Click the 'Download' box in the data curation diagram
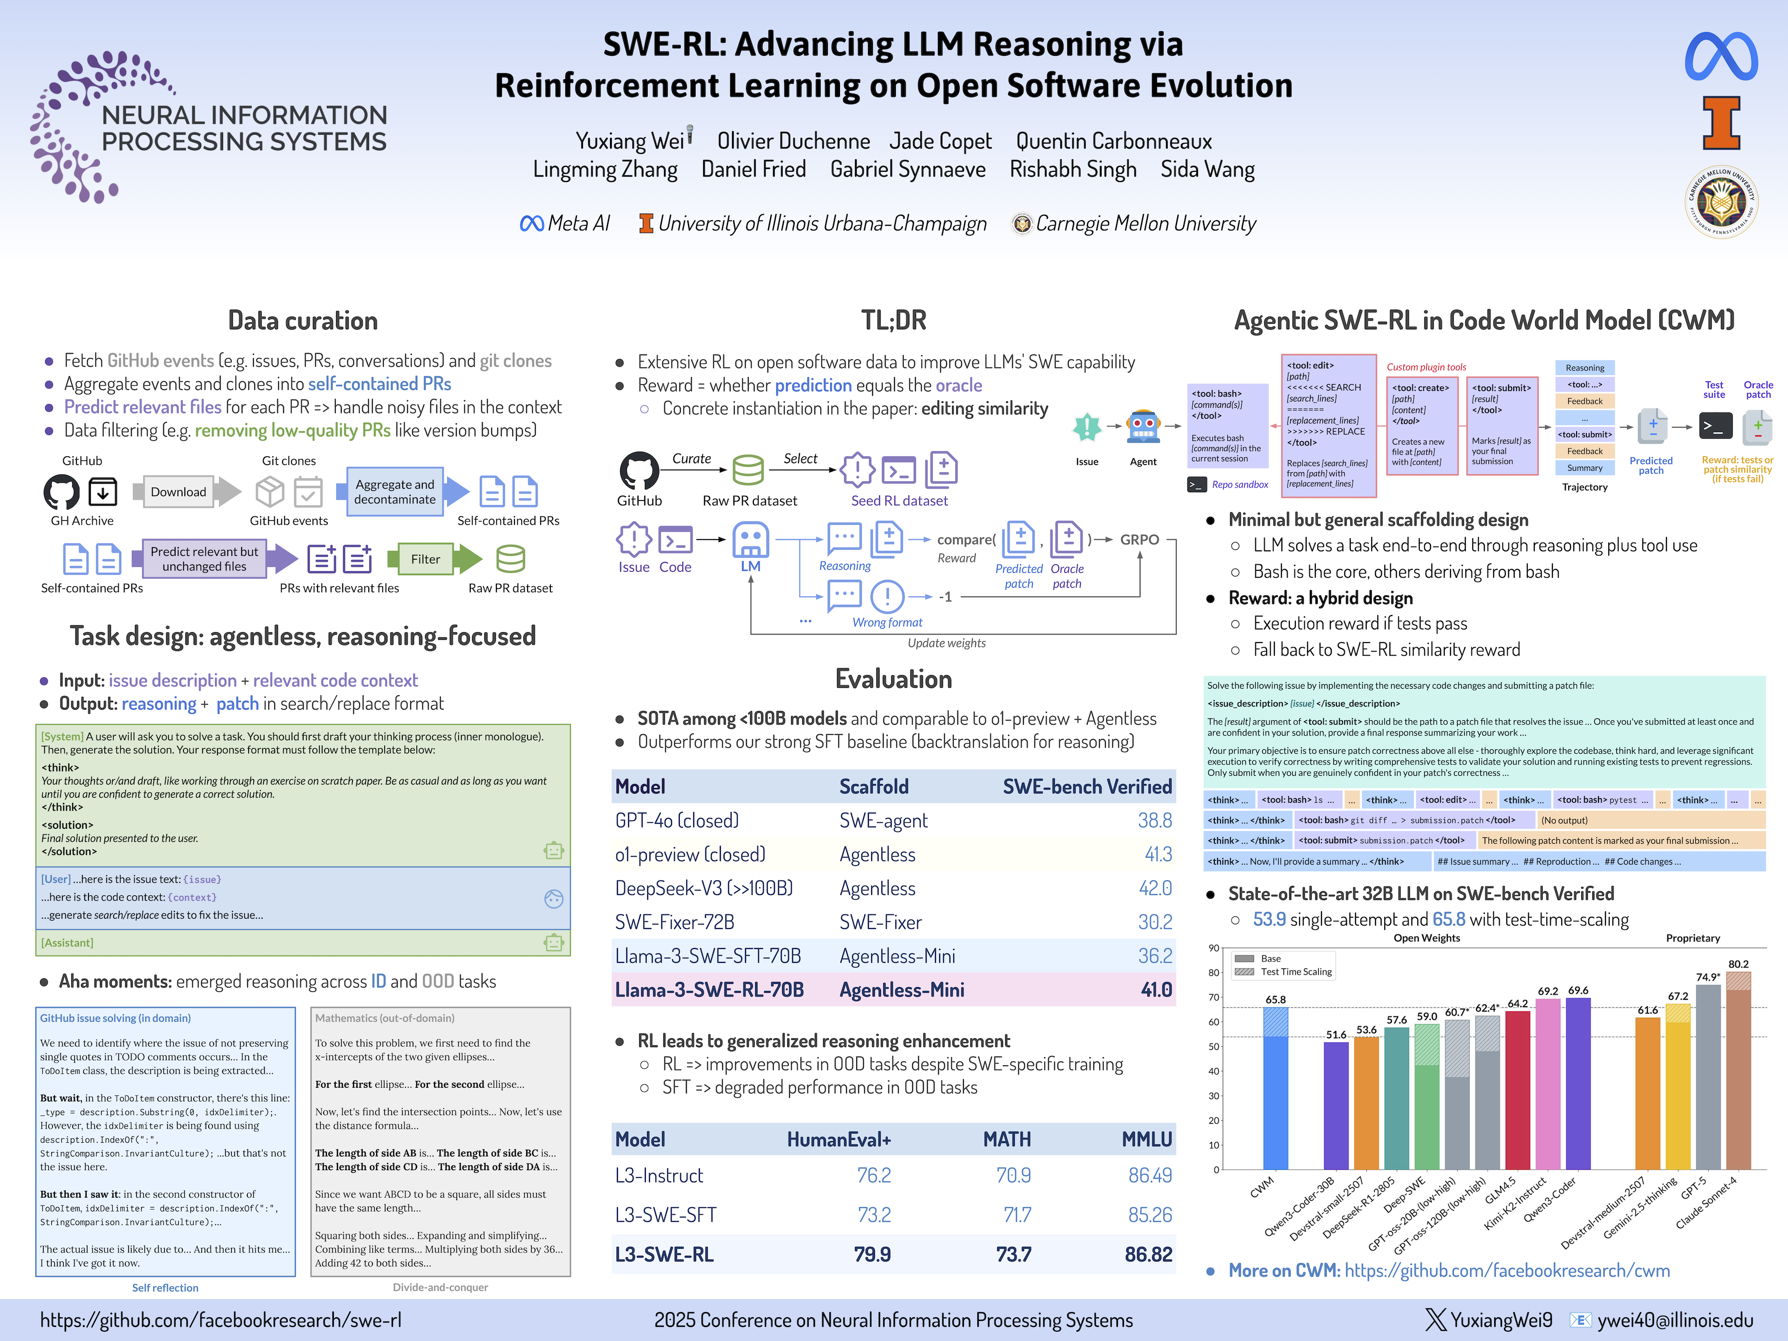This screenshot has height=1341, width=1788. tap(179, 491)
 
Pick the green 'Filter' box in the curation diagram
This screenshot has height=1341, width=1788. tap(425, 559)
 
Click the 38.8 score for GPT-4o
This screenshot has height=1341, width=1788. tap(1154, 820)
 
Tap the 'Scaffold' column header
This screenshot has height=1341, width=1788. tap(874, 786)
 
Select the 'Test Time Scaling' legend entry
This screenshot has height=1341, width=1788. tap(1296, 972)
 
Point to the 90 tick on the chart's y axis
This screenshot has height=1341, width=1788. tap(1214, 948)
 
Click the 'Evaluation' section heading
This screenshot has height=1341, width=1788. tap(893, 679)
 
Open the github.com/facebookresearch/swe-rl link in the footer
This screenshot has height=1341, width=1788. tap(221, 1320)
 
